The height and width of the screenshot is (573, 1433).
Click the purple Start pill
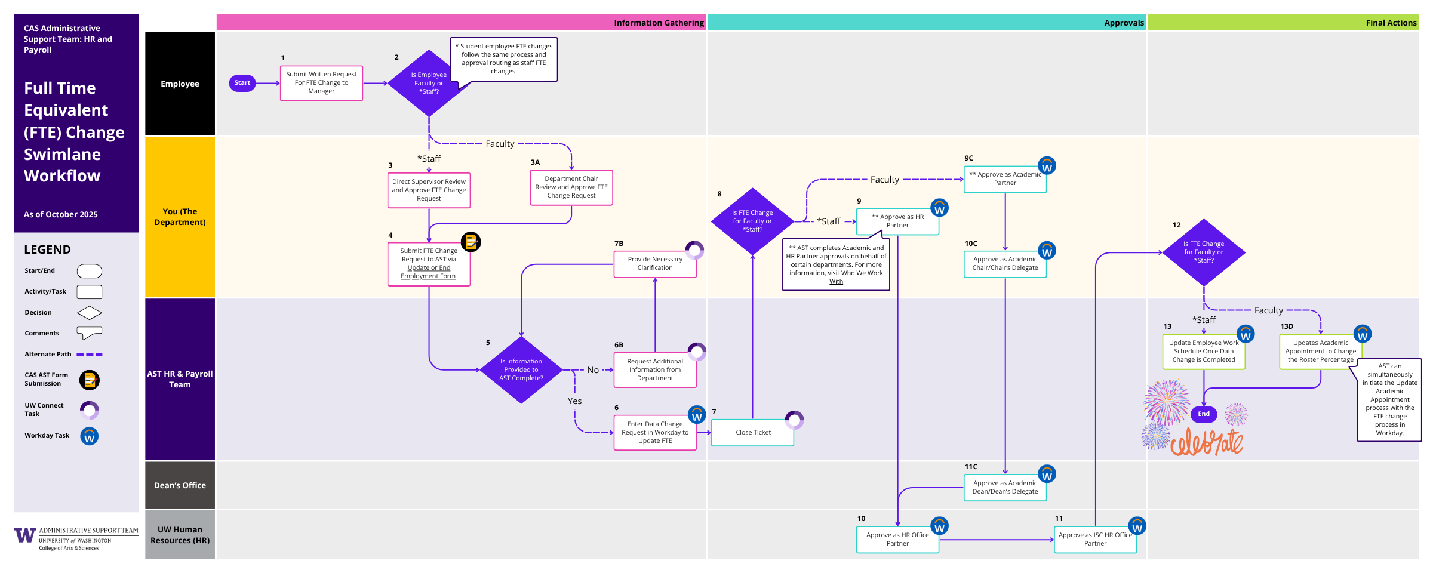pyautogui.click(x=242, y=83)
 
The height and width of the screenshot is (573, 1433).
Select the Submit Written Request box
pyautogui.click(x=321, y=83)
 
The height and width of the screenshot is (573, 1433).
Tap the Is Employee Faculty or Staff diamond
pyautogui.click(x=429, y=83)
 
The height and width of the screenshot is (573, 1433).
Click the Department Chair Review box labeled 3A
pyautogui.click(x=571, y=187)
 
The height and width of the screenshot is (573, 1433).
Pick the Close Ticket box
pyautogui.click(x=752, y=432)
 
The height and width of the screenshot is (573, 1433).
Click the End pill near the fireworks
pyautogui.click(x=1203, y=414)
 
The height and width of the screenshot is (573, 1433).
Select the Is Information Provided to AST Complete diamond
pyautogui.click(x=521, y=370)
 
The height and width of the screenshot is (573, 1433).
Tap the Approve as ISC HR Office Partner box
pyautogui.click(x=1094, y=540)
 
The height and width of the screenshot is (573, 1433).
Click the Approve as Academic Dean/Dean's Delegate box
pyautogui.click(x=1005, y=488)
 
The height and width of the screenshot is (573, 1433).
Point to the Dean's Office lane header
pyautogui.click(x=180, y=485)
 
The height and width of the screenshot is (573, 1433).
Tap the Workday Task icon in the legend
pyautogui.click(x=90, y=436)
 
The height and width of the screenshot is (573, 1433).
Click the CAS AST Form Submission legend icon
pyautogui.click(x=90, y=380)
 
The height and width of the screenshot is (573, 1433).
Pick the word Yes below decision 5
pyautogui.click(x=574, y=401)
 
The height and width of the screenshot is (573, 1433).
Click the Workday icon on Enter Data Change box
pyautogui.click(x=696, y=414)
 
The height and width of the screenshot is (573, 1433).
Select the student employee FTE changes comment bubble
pyautogui.click(x=503, y=58)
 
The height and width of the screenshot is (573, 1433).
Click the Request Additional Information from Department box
pyautogui.click(x=654, y=370)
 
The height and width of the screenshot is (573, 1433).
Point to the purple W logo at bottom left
pyautogui.click(x=24, y=535)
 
